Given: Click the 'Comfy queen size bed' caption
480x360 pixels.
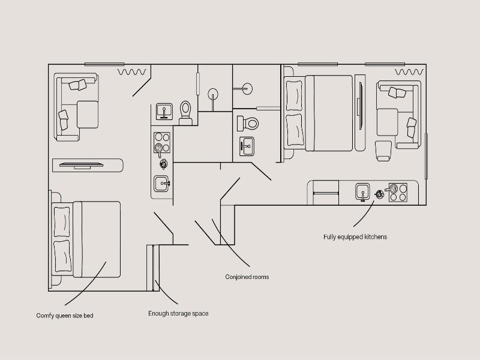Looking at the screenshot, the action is (65, 316).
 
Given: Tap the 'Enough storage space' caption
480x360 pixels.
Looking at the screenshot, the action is (178, 313).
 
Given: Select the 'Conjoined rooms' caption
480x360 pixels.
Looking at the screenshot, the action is (247, 277).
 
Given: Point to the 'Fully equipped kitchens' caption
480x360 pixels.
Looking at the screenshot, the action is (355, 237).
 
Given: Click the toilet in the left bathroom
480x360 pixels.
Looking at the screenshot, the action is (185, 113).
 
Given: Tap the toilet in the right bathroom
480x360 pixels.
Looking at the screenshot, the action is (248, 124).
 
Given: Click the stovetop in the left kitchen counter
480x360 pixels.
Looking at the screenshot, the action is (162, 143).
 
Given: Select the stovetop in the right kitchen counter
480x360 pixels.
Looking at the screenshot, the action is (398, 193).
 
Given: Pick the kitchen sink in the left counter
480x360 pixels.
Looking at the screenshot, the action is (161, 184).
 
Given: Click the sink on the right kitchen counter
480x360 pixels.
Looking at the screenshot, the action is (363, 192).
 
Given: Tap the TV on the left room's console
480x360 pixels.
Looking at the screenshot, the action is (82, 166).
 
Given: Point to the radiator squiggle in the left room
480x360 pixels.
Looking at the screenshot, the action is (132, 72).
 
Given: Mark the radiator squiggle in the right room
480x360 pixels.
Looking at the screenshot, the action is (409, 72).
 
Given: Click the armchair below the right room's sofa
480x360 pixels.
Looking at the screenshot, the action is (383, 151).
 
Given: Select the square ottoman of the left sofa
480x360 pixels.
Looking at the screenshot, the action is (88, 115).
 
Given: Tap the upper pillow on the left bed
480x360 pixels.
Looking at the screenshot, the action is (62, 222).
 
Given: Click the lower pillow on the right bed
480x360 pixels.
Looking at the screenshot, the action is (294, 130).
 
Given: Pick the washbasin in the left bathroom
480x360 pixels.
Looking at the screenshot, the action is (164, 112).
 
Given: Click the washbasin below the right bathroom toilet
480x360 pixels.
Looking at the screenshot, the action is (247, 146).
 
